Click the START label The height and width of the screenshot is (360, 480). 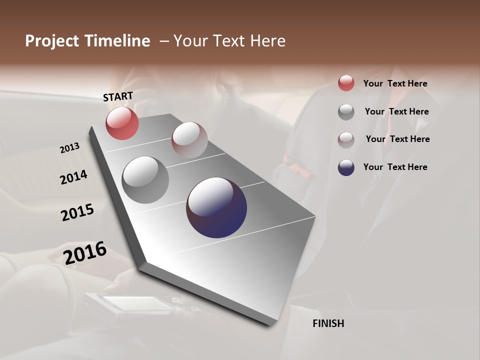coord(118,96)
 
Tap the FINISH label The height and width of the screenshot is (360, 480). coord(328,323)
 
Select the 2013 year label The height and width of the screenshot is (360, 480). coord(69,148)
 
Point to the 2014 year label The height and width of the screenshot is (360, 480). coord(73,177)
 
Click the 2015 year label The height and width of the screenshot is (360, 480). coord(77,212)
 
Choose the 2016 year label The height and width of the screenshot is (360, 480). coord(85,253)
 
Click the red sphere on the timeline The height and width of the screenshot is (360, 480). coord(122,123)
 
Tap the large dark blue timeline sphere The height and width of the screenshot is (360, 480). coord(216,207)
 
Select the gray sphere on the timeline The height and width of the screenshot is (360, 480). coord(145,179)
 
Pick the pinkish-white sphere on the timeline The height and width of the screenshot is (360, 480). coord(189,139)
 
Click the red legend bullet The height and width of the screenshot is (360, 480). coord(346,83)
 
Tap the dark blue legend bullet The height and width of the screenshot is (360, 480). coord(346,167)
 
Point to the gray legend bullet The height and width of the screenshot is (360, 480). coord(346,112)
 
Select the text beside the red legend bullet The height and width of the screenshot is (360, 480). coord(395,83)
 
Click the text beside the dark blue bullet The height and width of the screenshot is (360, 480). coord(395,167)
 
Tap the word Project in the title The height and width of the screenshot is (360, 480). coord(52,41)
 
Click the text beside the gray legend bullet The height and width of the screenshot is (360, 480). coord(396,111)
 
